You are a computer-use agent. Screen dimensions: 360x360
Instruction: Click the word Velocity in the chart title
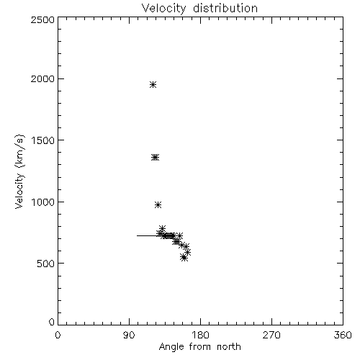[x=164, y=9]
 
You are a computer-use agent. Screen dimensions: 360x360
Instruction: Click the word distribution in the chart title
[x=225, y=8]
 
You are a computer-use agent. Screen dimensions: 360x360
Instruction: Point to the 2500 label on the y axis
[x=42, y=19]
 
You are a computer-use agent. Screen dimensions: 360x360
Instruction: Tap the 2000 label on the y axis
[x=42, y=78]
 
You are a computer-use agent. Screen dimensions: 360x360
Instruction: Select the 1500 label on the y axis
[x=43, y=140]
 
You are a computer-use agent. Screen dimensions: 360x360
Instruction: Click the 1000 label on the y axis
[x=43, y=202]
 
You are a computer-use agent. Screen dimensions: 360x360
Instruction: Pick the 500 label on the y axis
[x=46, y=264]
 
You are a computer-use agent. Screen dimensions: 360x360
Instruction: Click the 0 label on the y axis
[x=52, y=322]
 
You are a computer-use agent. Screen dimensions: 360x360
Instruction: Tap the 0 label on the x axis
[x=58, y=335]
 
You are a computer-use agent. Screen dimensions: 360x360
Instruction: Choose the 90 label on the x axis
[x=129, y=335]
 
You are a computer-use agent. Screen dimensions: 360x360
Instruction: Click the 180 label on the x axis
[x=200, y=335]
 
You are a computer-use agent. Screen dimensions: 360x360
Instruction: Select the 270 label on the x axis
[x=271, y=335]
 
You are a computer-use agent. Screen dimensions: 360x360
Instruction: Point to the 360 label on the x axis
[x=343, y=335]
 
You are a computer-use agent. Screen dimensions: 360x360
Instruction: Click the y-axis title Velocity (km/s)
[x=19, y=171]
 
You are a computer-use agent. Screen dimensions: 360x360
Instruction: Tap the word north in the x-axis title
[x=229, y=347]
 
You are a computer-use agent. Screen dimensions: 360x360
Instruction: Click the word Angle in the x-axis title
[x=171, y=347]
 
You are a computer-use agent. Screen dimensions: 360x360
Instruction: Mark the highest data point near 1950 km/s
[x=153, y=84]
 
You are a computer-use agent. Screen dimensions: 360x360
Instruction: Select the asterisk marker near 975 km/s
[x=158, y=204]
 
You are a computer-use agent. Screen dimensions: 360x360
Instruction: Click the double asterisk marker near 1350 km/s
[x=155, y=158]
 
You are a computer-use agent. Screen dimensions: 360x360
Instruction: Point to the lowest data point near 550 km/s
[x=184, y=258]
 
